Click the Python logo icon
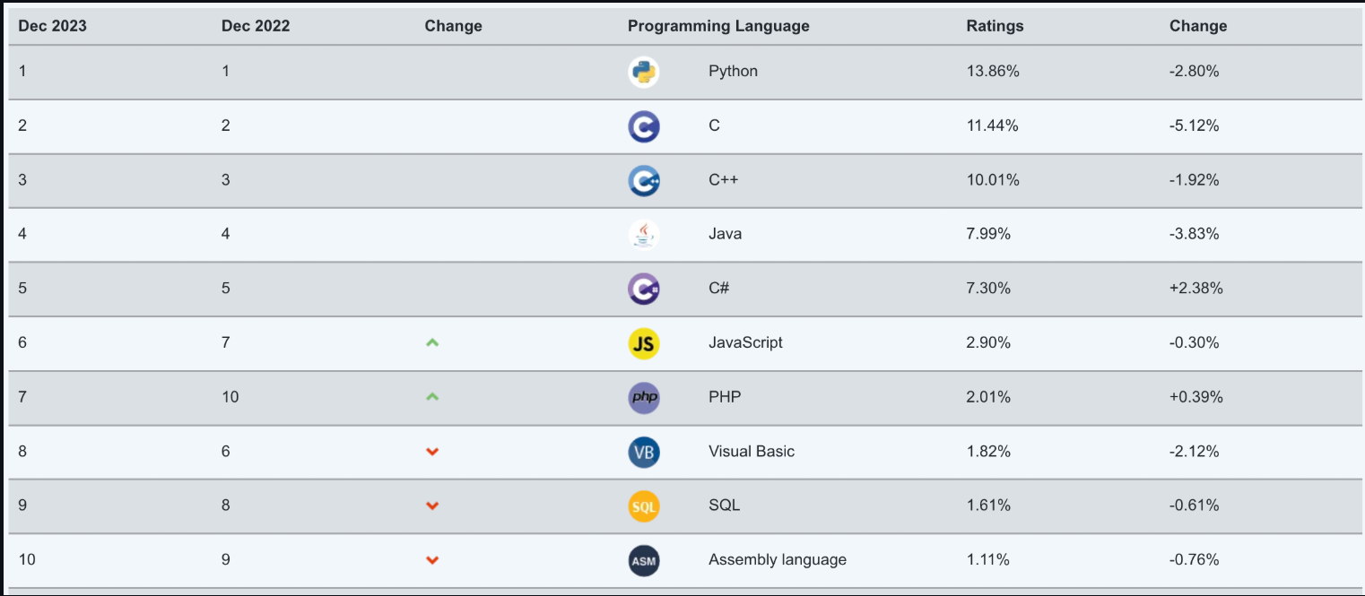click(644, 72)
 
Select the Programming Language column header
click(718, 26)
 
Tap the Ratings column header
click(995, 26)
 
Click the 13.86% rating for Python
click(993, 71)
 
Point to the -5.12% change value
click(1195, 125)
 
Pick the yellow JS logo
click(644, 343)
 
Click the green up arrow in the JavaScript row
click(432, 342)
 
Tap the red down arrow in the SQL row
click(432, 505)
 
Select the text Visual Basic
click(752, 451)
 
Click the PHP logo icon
click(644, 397)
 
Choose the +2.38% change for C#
click(1196, 288)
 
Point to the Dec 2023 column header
click(53, 26)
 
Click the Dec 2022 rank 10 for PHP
click(230, 396)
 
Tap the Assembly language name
click(778, 559)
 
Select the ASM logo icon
click(644, 561)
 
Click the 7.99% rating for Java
click(988, 234)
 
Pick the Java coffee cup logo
click(644, 235)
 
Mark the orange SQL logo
click(644, 506)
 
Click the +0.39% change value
click(1196, 396)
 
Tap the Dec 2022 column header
click(256, 26)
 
